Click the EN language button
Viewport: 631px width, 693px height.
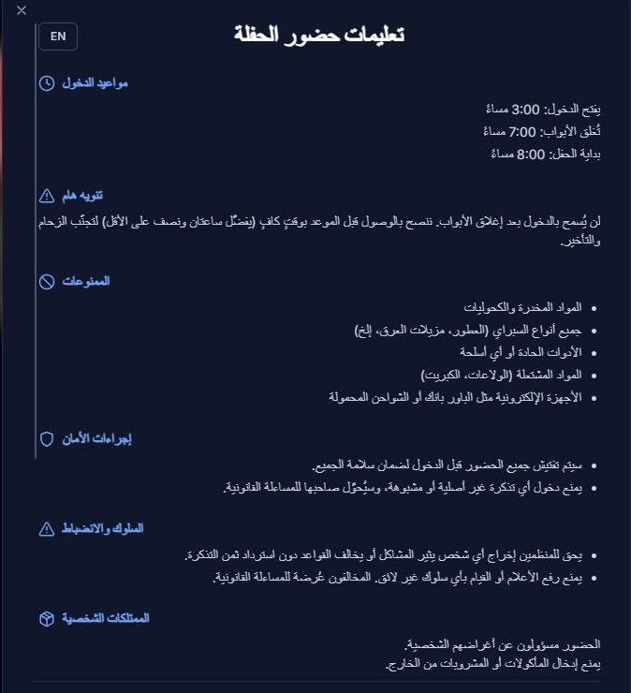coord(58,37)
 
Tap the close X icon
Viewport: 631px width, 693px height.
coord(22,10)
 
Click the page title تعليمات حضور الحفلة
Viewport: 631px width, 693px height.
coord(318,36)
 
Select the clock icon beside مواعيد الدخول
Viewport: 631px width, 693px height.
coord(47,83)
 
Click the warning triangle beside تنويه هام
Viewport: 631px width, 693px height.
coord(47,196)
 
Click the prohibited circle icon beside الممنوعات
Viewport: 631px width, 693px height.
coord(47,282)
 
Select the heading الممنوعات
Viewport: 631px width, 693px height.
coord(87,282)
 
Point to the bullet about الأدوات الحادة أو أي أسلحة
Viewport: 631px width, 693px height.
coord(521,352)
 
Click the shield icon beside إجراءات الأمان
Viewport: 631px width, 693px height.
coord(47,439)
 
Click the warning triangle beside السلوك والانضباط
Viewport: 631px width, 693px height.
coord(47,530)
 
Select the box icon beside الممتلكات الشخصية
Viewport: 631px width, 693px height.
coord(47,619)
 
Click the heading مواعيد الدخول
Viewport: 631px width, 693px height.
coord(95,83)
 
